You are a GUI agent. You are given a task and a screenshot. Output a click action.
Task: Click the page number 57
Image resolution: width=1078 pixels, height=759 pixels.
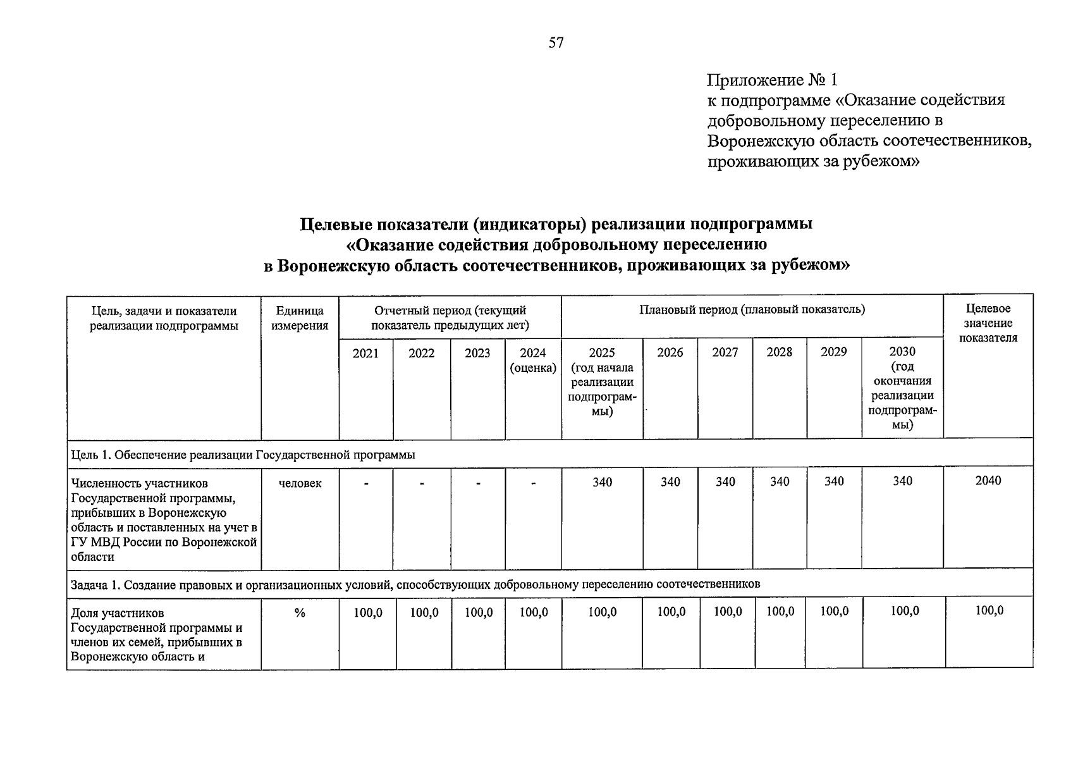[556, 43]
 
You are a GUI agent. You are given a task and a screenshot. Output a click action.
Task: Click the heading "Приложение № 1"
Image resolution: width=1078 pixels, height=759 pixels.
[772, 80]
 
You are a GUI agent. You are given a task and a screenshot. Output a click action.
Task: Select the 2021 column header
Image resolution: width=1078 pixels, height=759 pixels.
[365, 353]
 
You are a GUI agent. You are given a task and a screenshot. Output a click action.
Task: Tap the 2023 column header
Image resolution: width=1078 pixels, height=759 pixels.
[477, 353]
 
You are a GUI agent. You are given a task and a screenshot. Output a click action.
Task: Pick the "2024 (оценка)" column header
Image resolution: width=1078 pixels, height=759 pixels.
[533, 360]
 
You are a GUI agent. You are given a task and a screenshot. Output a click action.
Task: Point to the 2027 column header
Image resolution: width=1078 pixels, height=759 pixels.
[725, 352]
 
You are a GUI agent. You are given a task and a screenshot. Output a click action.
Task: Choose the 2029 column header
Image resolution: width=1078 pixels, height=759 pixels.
[834, 352]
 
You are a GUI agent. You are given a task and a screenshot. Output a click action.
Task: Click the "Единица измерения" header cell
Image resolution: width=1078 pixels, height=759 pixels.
[300, 318]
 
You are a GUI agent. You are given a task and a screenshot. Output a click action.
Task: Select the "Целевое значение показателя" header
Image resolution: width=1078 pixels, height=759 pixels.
[988, 323]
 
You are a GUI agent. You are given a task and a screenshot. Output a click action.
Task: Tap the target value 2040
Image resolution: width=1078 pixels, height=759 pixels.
[988, 481]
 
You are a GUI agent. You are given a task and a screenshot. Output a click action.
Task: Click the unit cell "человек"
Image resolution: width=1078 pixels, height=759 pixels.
[300, 483]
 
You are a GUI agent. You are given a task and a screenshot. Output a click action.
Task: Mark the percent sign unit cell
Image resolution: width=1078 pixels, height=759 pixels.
[300, 612]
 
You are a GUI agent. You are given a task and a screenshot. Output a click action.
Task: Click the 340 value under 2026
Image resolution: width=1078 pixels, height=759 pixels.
[670, 482]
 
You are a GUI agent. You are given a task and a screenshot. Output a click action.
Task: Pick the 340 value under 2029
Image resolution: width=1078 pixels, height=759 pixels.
[834, 481]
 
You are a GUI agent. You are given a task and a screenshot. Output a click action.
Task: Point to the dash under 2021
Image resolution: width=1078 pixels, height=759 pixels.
[365, 484]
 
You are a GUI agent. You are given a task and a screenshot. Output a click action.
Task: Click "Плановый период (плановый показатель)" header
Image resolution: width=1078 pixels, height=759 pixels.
[752, 309]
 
